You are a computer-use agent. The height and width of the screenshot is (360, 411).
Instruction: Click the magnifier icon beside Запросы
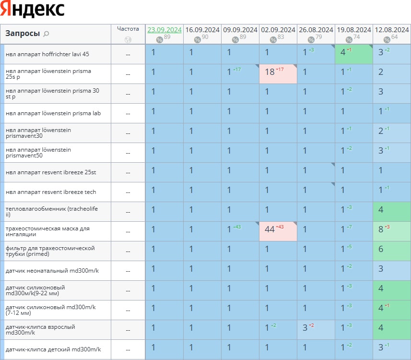coord(46,34)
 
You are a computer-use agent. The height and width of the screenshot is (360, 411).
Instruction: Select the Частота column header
coord(128,29)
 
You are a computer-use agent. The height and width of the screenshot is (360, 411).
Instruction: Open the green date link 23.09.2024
coord(164,30)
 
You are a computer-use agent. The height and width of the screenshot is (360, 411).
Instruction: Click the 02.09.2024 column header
coord(278,30)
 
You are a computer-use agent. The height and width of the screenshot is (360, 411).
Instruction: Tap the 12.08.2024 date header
coord(392,30)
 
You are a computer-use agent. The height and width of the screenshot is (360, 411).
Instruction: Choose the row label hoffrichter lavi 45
coord(47,54)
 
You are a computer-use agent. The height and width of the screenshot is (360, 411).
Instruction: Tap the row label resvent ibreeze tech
coord(51,192)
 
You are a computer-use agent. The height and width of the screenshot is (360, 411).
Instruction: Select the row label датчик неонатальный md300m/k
coord(52,271)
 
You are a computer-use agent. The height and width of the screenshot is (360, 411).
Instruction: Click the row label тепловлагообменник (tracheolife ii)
coord(50,212)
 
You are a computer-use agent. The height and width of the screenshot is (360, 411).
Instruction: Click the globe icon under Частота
coord(128,40)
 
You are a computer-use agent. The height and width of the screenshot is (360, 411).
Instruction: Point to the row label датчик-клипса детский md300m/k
coord(53,349)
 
